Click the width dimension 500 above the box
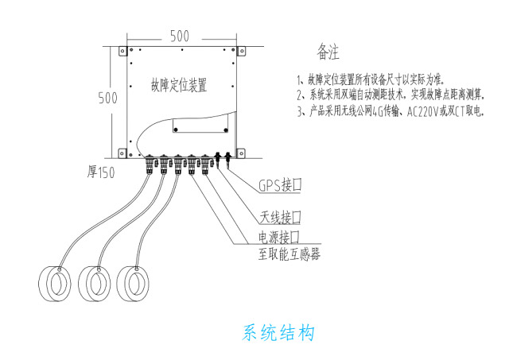(179, 36)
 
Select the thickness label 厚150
(103, 172)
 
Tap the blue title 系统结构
(278, 331)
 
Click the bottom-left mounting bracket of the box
(120, 152)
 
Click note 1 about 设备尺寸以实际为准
(371, 79)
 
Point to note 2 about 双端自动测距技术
(390, 95)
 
